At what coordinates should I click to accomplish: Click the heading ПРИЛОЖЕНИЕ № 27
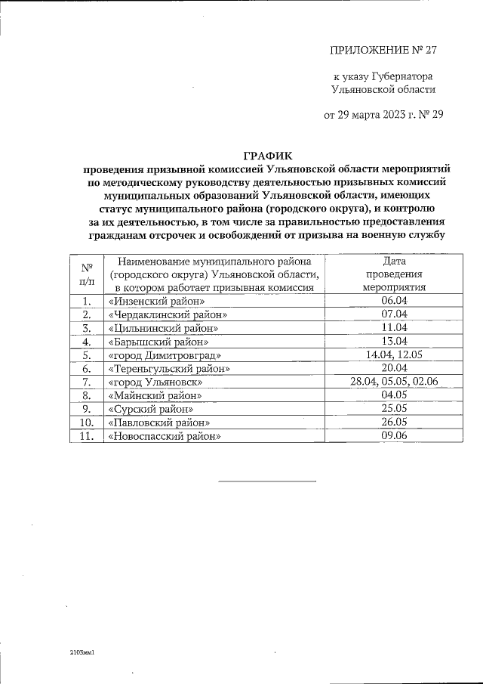[383, 51]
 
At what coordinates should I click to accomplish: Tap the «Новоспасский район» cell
[165, 436]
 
